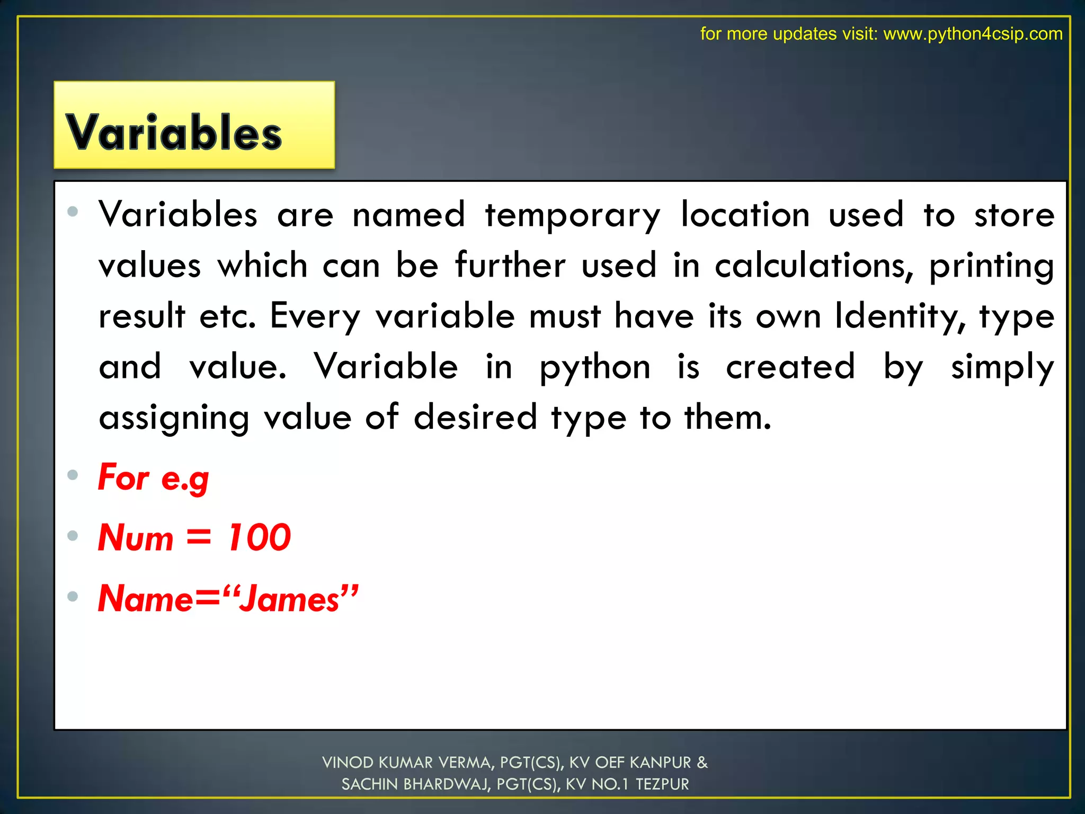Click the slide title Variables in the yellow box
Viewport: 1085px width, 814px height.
174,132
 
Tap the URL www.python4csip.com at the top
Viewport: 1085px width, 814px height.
973,34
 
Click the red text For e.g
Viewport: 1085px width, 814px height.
154,477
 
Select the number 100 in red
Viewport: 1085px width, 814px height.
259,537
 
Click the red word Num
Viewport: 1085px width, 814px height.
136,537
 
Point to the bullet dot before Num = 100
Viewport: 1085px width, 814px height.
73,536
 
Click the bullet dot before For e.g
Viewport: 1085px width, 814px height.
73,474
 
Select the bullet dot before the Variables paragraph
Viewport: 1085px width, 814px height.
73,212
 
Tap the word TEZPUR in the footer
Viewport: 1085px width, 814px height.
662,784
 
